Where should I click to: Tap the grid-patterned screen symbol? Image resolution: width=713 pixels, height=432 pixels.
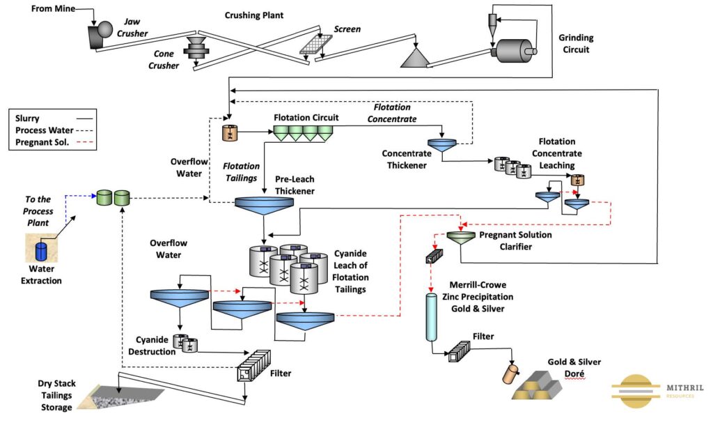point(316,44)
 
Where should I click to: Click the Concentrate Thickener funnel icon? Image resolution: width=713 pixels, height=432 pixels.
point(441,145)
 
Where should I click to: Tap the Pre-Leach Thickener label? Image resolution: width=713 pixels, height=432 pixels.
point(296,185)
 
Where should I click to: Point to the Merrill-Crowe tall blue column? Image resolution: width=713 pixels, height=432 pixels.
point(431,317)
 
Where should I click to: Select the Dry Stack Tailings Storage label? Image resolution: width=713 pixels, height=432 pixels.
point(55,395)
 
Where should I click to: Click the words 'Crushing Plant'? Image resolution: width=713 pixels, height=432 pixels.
point(254,15)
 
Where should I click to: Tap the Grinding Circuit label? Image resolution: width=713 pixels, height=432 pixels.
point(574,43)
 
